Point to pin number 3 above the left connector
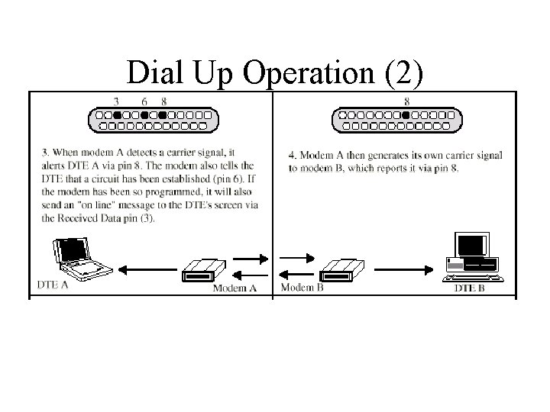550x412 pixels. (116, 101)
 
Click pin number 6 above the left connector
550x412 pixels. (144, 101)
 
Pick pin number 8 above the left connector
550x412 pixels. (164, 101)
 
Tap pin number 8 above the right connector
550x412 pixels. (406, 101)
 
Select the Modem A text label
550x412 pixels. (234, 288)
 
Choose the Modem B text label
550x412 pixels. (302, 288)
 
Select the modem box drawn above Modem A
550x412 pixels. (203, 269)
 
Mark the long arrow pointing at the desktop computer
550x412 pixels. (405, 268)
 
